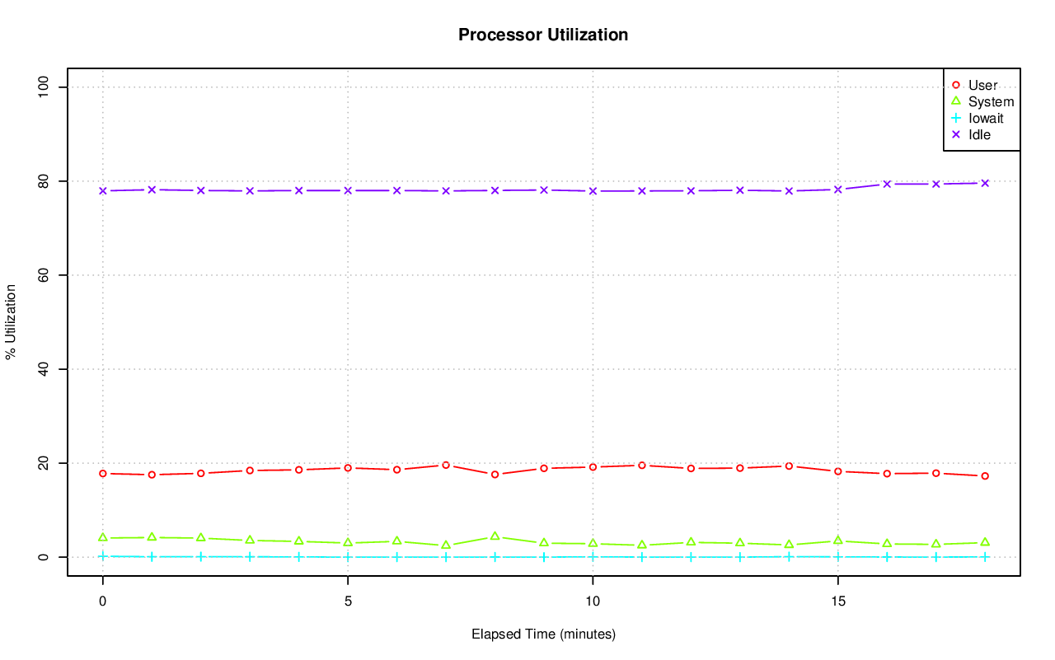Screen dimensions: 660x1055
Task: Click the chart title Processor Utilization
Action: coord(543,35)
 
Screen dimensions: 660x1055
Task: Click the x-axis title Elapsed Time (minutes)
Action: coord(543,634)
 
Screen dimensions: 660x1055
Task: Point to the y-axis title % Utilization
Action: coord(11,322)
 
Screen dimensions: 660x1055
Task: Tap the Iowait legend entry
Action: coord(986,118)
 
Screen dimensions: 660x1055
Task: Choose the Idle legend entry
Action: coord(979,134)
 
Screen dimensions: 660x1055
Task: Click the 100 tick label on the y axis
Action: coord(44,87)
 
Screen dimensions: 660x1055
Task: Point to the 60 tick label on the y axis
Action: coord(44,274)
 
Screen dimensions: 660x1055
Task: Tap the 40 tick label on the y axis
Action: coord(44,369)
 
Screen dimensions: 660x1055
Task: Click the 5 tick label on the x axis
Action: coord(348,602)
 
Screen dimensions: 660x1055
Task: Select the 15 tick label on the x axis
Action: coord(837,602)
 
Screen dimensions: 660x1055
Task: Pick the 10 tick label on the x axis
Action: coord(593,602)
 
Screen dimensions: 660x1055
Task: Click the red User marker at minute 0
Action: coord(103,473)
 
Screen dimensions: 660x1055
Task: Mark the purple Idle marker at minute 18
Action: coord(985,183)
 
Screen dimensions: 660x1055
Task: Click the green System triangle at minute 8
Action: coord(495,536)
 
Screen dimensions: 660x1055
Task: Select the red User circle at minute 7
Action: coord(446,465)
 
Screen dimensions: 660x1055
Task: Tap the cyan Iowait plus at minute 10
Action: coord(593,556)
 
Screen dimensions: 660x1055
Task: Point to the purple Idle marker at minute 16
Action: coord(887,184)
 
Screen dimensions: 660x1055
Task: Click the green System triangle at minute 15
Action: coord(837,541)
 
